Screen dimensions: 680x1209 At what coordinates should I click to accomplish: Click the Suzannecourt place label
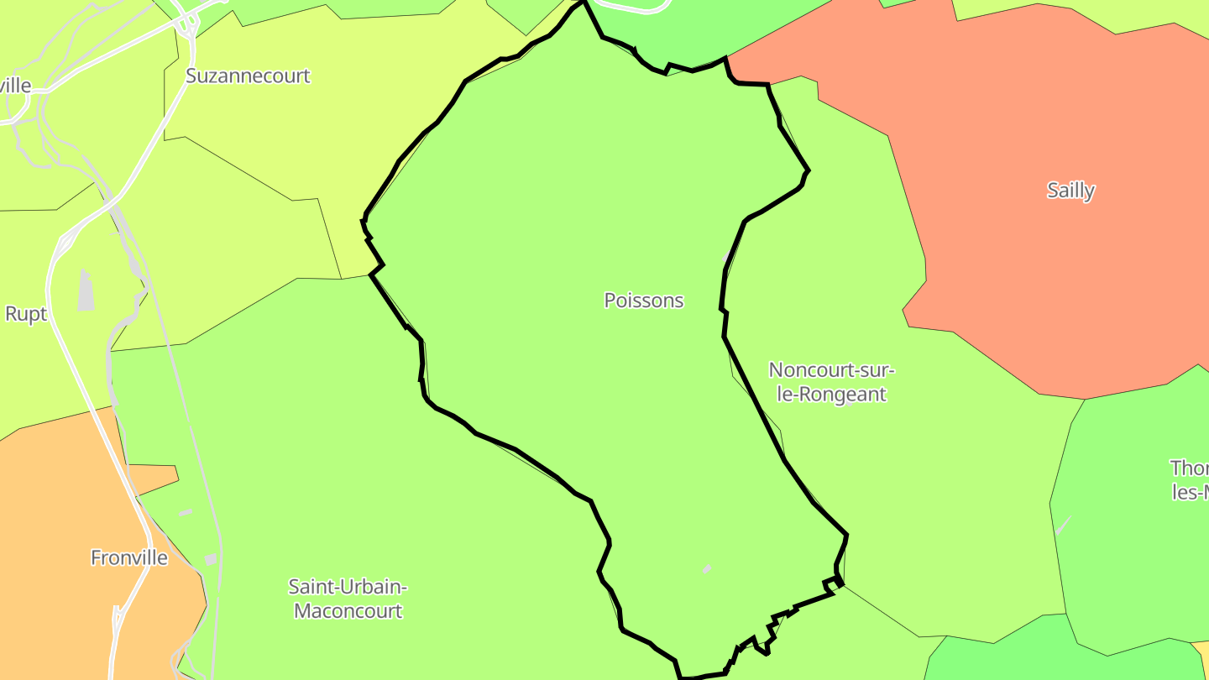[248, 76]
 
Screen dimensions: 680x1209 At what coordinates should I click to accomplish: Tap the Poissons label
[644, 301]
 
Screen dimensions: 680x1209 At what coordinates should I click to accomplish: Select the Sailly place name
[1070, 191]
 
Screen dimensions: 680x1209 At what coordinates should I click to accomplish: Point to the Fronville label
[129, 557]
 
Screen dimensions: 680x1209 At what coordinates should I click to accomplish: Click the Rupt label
[26, 314]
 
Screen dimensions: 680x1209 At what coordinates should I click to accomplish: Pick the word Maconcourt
[348, 610]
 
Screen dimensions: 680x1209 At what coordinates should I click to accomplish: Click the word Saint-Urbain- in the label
[348, 586]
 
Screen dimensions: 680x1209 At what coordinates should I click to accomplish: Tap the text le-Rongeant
[831, 394]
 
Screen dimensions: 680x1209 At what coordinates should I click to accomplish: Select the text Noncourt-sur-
[831, 369]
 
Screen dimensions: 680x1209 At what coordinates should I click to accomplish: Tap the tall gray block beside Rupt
[86, 290]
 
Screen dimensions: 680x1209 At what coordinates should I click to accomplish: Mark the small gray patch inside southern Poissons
[707, 569]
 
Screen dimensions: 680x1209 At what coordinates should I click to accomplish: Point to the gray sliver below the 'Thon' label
[1064, 525]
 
